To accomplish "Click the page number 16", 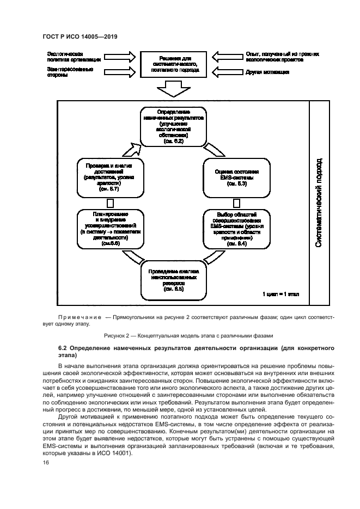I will click(x=45, y=462).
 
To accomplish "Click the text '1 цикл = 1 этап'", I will click(x=279, y=295).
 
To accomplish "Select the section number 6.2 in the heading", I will click(x=63, y=347).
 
